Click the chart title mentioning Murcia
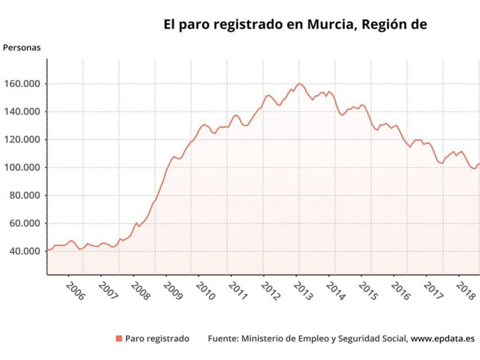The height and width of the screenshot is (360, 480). (295, 25)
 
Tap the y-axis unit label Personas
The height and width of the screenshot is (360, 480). (22, 48)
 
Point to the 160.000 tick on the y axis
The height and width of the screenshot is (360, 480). (22, 84)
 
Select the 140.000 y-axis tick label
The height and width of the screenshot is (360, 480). (22, 112)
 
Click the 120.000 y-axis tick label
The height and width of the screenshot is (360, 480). (22, 140)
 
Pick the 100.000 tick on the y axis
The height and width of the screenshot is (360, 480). (22, 168)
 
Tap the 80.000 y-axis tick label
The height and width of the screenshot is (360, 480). (25, 196)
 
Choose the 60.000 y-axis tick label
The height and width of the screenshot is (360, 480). (25, 223)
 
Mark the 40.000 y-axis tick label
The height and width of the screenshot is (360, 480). (25, 251)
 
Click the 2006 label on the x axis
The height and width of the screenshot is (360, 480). (76, 291)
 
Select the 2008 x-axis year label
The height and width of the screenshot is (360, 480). (140, 291)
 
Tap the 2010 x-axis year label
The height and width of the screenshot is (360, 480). (206, 291)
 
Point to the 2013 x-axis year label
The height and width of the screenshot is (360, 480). (303, 291)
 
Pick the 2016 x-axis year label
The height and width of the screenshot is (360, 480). (401, 291)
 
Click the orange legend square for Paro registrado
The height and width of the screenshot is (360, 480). (119, 339)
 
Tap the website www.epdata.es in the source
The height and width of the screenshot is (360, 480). (443, 339)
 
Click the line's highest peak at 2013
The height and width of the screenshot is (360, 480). (299, 84)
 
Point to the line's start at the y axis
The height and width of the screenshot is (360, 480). (48, 250)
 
